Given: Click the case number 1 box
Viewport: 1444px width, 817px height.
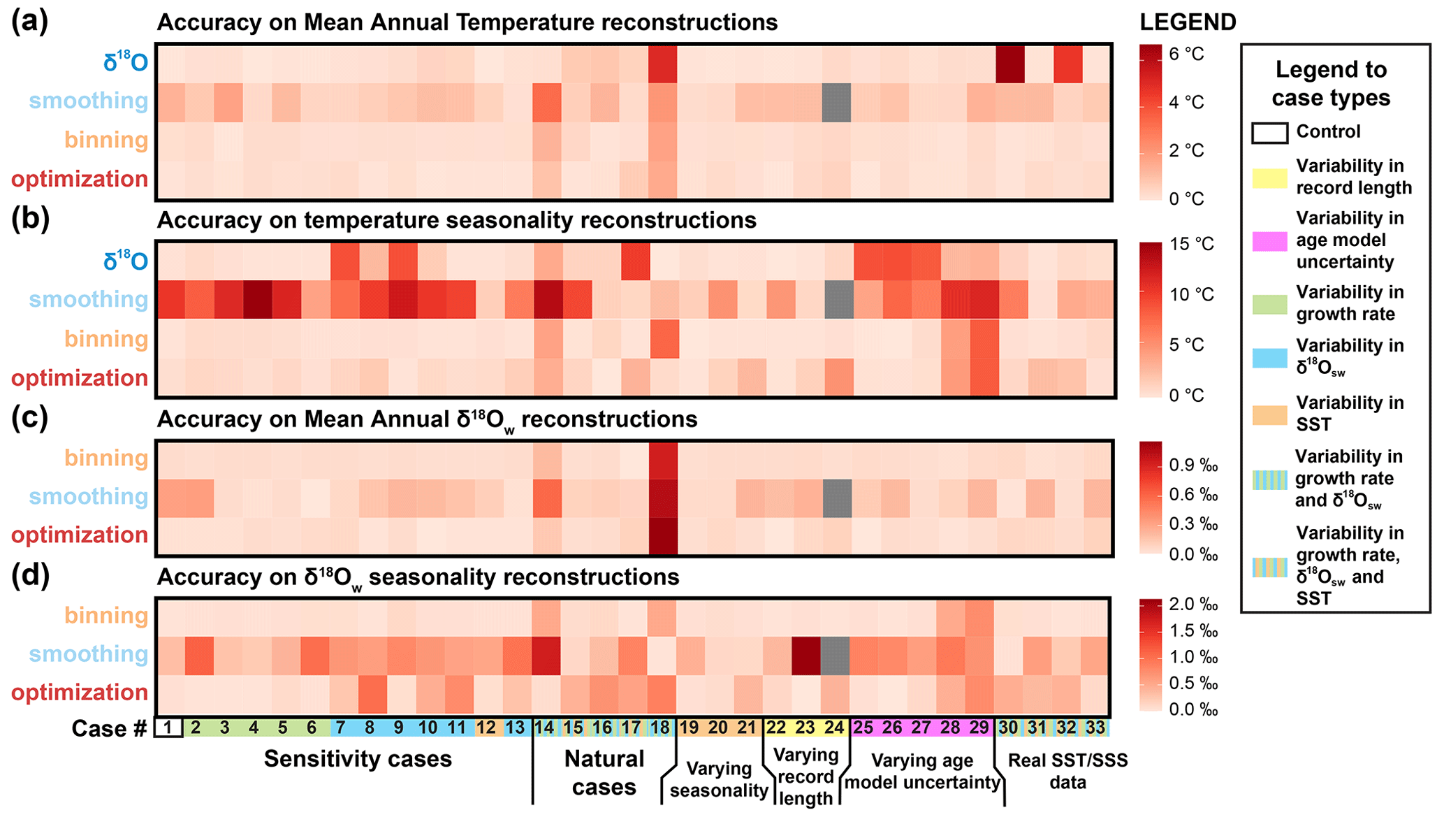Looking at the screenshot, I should coord(168,728).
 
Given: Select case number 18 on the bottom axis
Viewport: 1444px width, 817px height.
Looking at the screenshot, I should coord(660,728).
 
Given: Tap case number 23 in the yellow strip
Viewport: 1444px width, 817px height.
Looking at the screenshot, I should coord(805,728).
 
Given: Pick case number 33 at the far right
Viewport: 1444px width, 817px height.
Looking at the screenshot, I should coord(1095,728).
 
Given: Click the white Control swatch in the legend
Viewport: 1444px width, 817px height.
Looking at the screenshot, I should coord(1269,133).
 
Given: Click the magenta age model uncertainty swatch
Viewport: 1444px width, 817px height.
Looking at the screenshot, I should coord(1269,240).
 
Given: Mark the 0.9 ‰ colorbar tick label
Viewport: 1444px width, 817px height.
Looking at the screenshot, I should coord(1194,465).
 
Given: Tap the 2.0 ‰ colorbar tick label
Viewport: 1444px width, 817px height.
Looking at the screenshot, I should coord(1194,605).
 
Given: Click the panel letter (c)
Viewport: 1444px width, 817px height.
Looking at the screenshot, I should coord(30,418).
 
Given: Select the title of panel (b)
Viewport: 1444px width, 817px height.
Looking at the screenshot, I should coord(456,221).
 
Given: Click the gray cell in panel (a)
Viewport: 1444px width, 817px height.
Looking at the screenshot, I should coord(836,103).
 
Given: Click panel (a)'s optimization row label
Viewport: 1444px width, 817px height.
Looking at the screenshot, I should coord(80,180).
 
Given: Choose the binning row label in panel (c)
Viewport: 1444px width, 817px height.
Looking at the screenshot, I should coord(106,458).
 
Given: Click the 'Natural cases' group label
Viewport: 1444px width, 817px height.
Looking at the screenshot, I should coord(604,773).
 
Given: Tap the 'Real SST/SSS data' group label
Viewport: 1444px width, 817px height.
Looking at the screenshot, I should coord(1067,771).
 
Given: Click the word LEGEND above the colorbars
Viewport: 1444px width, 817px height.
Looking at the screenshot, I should coord(1188,22).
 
